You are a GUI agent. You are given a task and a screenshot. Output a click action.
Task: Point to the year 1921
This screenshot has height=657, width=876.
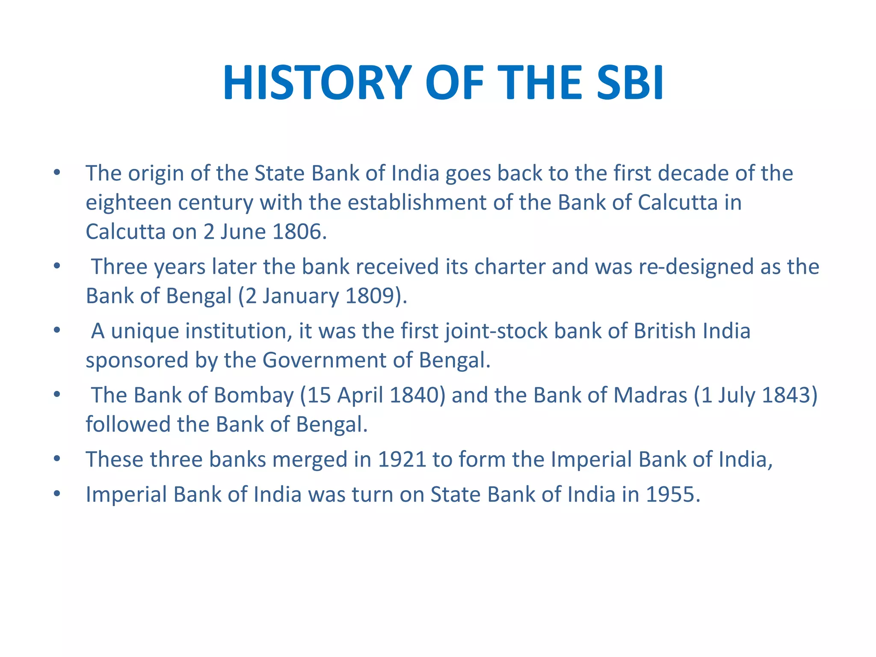(402, 459)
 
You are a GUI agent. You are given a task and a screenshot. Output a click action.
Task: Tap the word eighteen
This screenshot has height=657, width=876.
(128, 203)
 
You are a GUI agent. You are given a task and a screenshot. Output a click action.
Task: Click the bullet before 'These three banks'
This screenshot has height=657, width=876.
(57, 459)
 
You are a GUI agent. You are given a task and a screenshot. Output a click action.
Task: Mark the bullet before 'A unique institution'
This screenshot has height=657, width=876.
(57, 331)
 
